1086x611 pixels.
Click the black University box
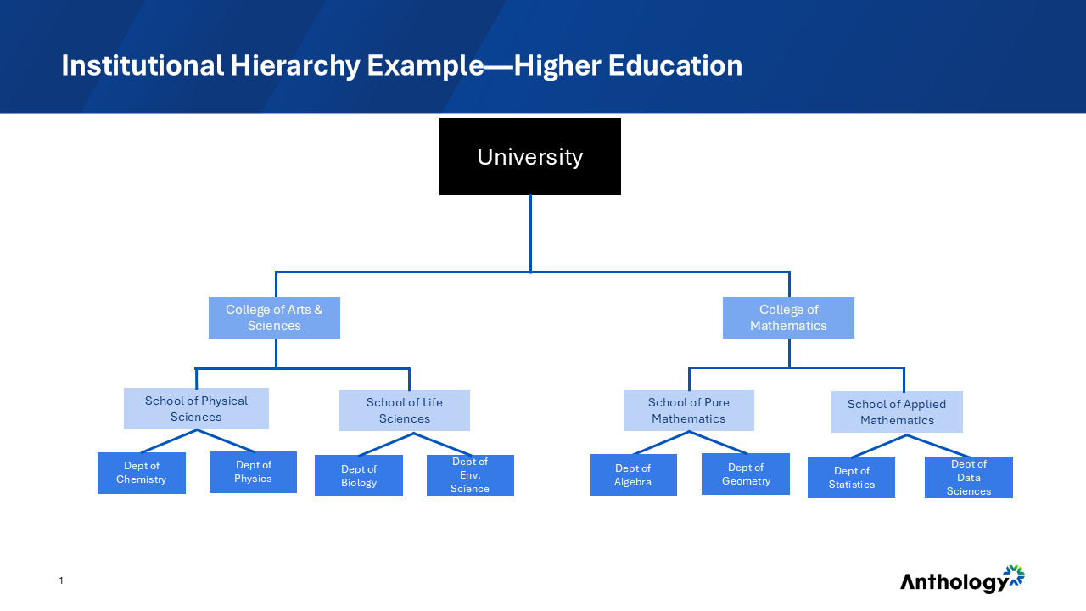pyautogui.click(x=529, y=157)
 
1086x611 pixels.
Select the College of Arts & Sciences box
pyautogui.click(x=274, y=317)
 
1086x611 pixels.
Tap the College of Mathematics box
pyautogui.click(x=788, y=317)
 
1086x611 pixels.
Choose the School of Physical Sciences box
pyautogui.click(x=196, y=408)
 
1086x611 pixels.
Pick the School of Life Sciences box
pyautogui.click(x=404, y=410)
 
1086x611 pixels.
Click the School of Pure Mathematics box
pyautogui.click(x=688, y=410)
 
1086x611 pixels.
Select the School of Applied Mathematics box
pyautogui.click(x=897, y=412)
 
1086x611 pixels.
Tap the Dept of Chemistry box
pyautogui.click(x=141, y=473)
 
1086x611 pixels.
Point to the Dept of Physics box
pyautogui.click(x=253, y=472)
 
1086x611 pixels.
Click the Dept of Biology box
pyautogui.click(x=358, y=475)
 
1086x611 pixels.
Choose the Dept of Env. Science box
pyautogui.click(x=470, y=475)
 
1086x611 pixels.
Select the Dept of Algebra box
pyautogui.click(x=633, y=474)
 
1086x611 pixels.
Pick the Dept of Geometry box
pyautogui.click(x=746, y=474)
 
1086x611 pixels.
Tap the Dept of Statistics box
pyautogui.click(x=851, y=477)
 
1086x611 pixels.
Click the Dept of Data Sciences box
pyautogui.click(x=968, y=477)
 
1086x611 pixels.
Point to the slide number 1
pyautogui.click(x=61, y=580)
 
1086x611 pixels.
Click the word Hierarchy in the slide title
pyautogui.click(x=294, y=65)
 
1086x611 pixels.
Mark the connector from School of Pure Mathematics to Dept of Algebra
pyautogui.click(x=661, y=442)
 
